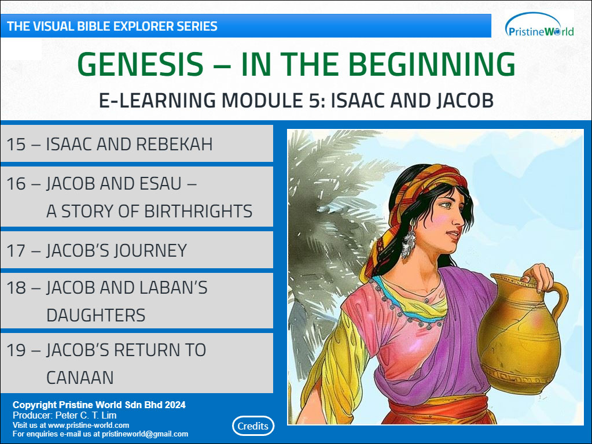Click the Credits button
253,426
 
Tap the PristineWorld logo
539,25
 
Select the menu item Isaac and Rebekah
137,144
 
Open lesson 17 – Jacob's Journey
137,250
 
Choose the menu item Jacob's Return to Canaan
137,363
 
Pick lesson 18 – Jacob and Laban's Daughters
137,301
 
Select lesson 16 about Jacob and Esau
137,197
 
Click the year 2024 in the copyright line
175,405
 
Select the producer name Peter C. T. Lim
86,415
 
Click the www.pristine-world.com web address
89,425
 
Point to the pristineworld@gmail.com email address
145,434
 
